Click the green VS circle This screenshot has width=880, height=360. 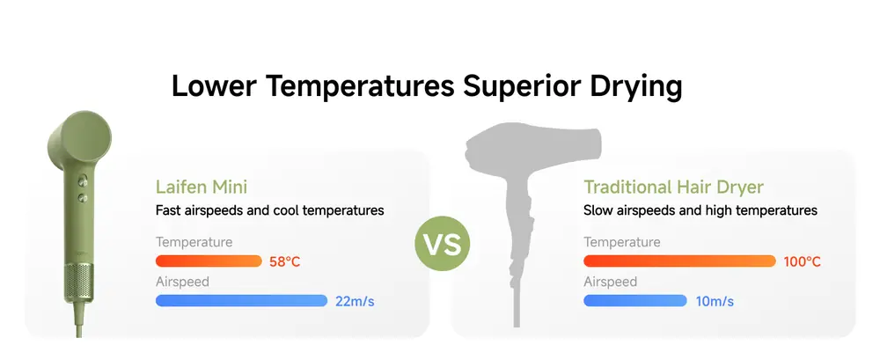tap(443, 244)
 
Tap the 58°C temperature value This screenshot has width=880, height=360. tap(285, 261)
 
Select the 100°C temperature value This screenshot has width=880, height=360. tap(802, 261)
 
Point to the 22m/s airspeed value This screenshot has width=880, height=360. tap(355, 301)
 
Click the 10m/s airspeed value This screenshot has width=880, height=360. tap(715, 301)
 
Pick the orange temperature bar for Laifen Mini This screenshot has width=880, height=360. tap(209, 261)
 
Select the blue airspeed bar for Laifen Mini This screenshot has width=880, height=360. tap(241, 300)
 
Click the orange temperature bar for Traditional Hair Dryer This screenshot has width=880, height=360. tap(679, 261)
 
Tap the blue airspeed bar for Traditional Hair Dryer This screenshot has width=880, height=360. tap(635, 300)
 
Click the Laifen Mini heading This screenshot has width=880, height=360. tap(202, 187)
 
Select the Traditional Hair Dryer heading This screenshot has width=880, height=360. tap(673, 187)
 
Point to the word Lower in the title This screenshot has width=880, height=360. tap(215, 86)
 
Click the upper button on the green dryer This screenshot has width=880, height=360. tap(83, 180)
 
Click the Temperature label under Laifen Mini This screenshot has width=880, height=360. tap(194, 242)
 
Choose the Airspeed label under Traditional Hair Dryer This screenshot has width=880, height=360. tap(610, 282)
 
